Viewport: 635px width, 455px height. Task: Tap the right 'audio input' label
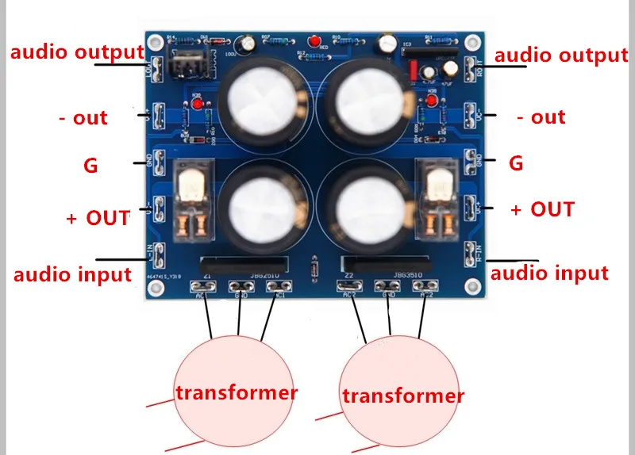(x=550, y=273)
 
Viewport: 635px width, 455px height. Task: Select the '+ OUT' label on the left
(x=98, y=217)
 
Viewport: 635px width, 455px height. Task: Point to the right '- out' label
(x=541, y=117)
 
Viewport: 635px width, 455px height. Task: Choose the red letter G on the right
(x=516, y=164)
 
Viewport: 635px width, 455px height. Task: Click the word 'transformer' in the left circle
(x=237, y=392)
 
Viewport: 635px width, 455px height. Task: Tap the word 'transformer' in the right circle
(x=402, y=395)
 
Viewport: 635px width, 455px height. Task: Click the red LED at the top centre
(x=316, y=41)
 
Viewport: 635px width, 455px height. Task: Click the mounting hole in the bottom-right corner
(x=474, y=288)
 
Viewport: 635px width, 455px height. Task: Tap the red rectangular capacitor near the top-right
(x=412, y=71)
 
